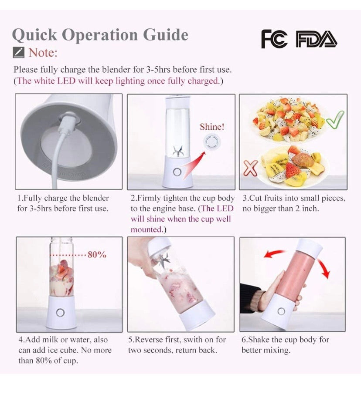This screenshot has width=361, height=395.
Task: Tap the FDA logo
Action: pos(317,39)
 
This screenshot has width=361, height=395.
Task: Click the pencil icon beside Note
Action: pos(18,52)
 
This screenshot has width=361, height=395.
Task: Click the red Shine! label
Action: pos(212,127)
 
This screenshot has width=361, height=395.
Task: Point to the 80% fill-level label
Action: pos(97,255)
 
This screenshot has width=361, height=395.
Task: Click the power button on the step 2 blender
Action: pos(177,172)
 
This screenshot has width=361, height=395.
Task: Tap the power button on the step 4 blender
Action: pos(60,313)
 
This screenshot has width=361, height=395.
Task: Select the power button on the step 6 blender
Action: pos(281,311)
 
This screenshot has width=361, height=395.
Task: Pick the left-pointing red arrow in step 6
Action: pos(275,254)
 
